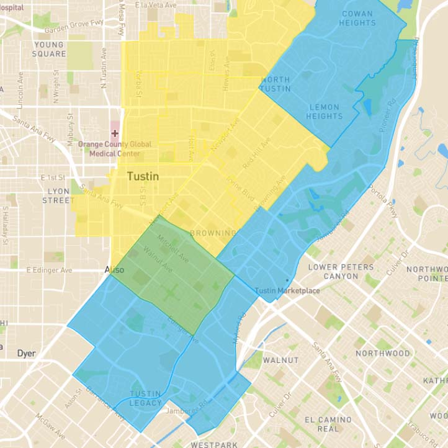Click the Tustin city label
pyautogui.click(x=143, y=177)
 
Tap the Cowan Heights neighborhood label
pyautogui.click(x=358, y=19)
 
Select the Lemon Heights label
pyautogui.click(x=325, y=112)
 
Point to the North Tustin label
pyautogui.click(x=276, y=84)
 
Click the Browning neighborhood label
pyautogui.click(x=213, y=233)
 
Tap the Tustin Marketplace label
pyautogui.click(x=287, y=290)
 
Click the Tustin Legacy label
pyautogui.click(x=145, y=398)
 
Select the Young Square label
pyautogui.click(x=49, y=49)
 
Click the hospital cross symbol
pyautogui.click(x=115, y=133)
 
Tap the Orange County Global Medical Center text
pyautogui.click(x=115, y=148)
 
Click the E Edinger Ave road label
pyautogui.click(x=49, y=271)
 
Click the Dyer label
pyautogui.click(x=26, y=353)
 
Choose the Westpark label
pyautogui.click(x=214, y=444)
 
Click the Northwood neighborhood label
pyautogui.click(x=382, y=353)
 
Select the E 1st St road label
pyautogui.click(x=53, y=177)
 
